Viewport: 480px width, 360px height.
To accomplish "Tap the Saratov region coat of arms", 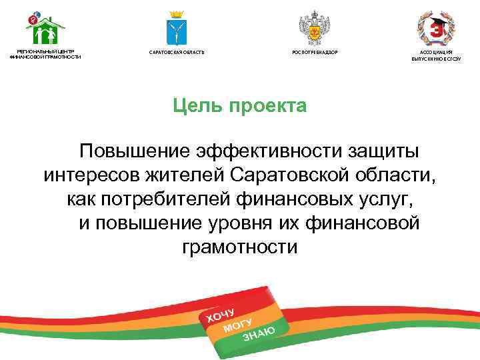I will (176, 28).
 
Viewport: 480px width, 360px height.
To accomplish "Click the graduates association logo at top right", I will (436, 28).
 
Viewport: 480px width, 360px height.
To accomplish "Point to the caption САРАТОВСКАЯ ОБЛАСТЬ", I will (176, 52).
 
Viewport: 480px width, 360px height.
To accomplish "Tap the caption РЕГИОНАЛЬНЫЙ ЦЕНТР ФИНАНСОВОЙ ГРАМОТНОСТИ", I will (45, 54).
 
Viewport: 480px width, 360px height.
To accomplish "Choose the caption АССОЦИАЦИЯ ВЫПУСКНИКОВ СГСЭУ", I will (436, 55).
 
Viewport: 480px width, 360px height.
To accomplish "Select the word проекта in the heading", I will (268, 106).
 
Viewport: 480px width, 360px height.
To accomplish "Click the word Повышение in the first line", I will (133, 151).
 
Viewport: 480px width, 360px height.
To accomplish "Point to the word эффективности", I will (266, 151).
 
